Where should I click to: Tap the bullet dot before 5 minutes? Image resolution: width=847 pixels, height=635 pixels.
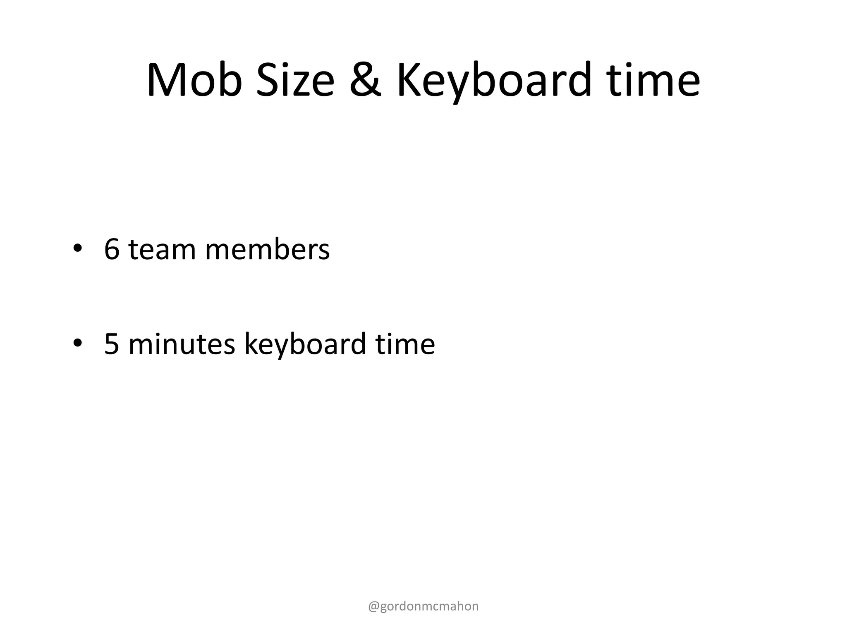pos(77,343)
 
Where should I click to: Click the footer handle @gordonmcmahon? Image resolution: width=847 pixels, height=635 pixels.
pos(423,606)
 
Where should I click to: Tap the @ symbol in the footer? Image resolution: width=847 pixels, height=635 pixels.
pos(373,606)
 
